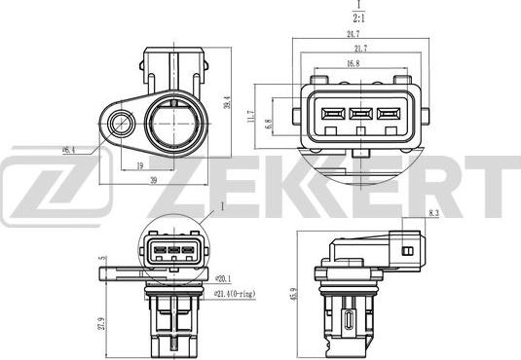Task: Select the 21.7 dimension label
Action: [x=361, y=49]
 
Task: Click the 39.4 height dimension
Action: [x=226, y=100]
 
